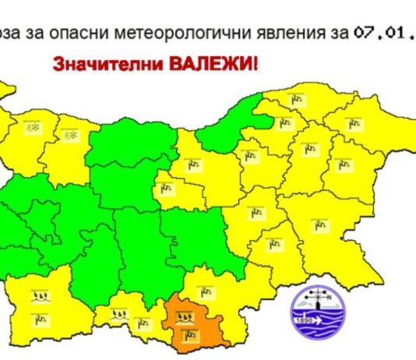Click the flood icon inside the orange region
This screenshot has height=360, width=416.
pos(185,316)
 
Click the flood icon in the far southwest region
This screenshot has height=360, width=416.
pos(38,296)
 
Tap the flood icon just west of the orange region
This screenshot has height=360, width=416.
pos(121,315)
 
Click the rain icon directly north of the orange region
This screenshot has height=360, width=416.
pos(205,292)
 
